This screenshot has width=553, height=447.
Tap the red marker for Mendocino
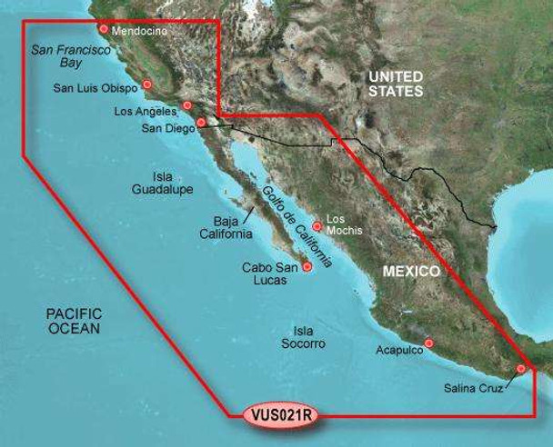[104, 29]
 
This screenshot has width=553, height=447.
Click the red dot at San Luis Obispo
[147, 85]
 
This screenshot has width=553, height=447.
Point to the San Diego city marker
[201, 121]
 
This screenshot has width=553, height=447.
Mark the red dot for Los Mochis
[317, 225]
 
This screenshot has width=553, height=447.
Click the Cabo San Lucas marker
[307, 267]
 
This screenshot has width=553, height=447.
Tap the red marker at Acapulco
[429, 343]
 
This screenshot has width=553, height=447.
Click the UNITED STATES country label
[396, 84]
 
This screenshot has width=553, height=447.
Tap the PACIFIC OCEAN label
[74, 320]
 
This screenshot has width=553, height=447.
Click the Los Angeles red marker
[187, 105]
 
